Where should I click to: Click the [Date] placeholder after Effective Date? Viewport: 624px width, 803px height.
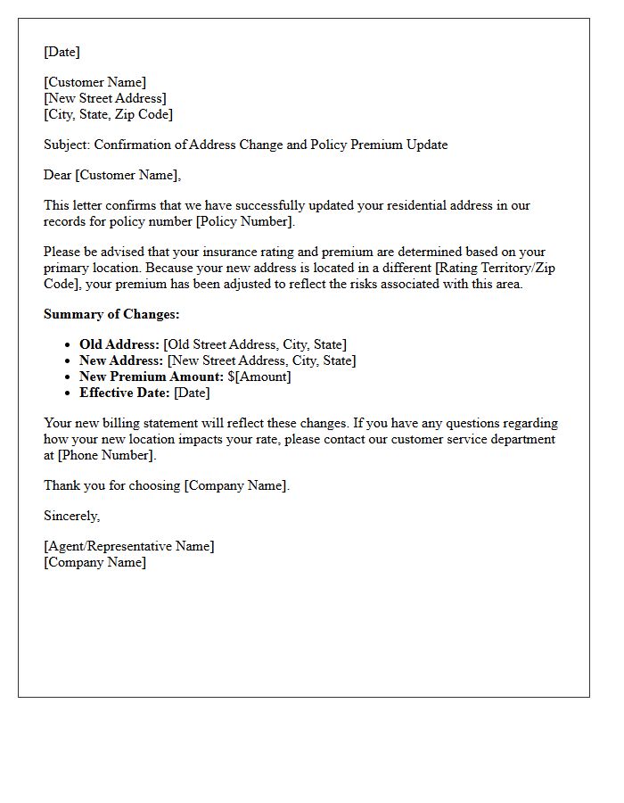192,393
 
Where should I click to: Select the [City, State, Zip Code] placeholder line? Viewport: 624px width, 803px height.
108,114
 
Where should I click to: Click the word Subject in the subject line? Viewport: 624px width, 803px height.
66,145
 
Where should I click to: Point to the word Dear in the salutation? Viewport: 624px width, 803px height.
58,175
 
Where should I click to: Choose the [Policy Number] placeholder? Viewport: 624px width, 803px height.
243,221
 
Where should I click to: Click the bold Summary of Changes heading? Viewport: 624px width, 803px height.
111,314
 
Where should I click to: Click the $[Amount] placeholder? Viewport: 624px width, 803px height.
259,377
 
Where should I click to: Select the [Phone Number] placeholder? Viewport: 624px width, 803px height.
105,455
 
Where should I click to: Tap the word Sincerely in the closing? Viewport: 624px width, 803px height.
72,516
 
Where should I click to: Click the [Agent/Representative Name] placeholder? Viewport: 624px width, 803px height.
129,546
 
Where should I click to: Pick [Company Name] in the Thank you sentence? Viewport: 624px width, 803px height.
236,485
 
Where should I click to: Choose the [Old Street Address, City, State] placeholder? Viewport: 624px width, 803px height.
255,344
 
